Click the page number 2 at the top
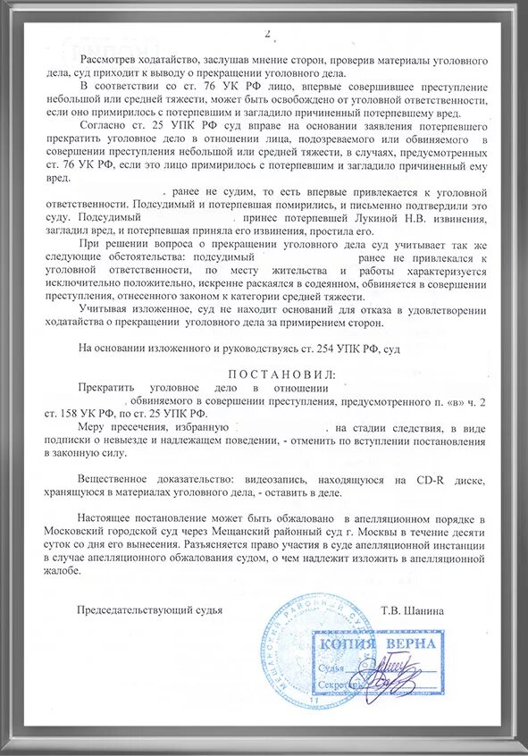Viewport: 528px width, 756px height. (265, 34)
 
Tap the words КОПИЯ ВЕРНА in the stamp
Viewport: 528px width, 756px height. (376, 644)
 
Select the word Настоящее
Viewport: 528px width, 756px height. (109, 519)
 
